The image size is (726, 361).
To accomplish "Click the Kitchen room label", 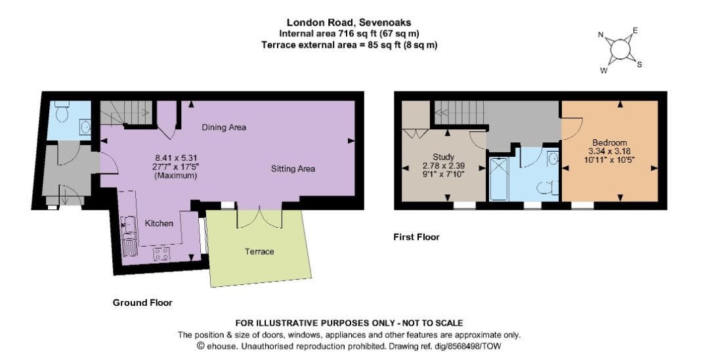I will pos(160,223).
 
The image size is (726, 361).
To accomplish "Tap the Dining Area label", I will pos(224,127).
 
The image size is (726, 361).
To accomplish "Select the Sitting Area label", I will pos(293,169).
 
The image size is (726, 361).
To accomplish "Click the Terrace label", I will pos(259,251).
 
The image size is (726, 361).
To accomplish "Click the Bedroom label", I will pos(609,142).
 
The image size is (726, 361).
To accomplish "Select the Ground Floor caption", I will pos(142,303).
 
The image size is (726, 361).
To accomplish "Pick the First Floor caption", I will pos(416,237).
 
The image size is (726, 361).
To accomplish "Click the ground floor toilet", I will pos(62,112).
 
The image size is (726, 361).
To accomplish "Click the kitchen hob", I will pos(161,253).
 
